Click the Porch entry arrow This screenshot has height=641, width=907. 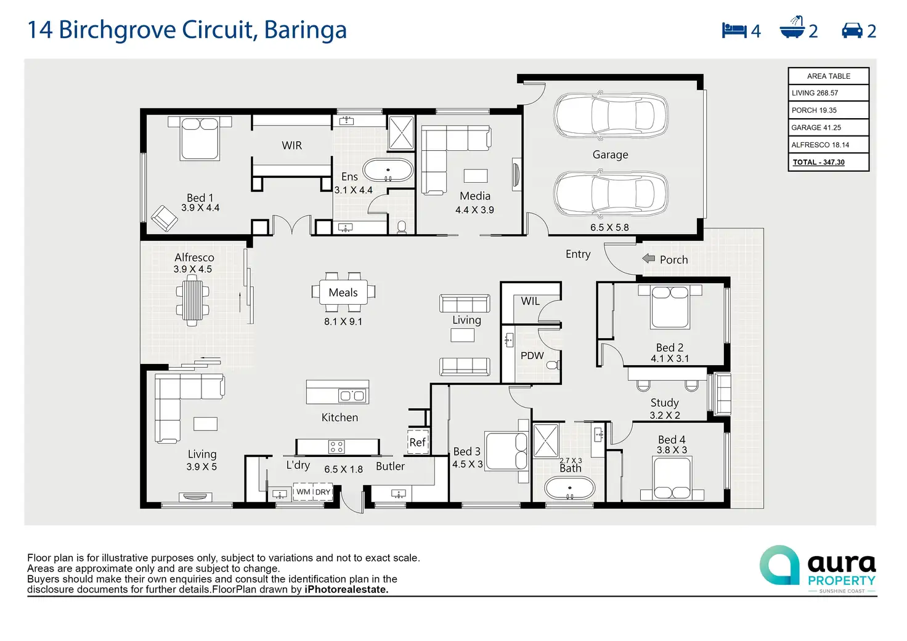pyautogui.click(x=649, y=258)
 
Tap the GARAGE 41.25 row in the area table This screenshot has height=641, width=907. pyautogui.click(x=828, y=127)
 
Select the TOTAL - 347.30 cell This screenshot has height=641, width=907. pyautogui.click(x=828, y=163)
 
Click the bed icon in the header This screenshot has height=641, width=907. pyautogui.click(x=734, y=30)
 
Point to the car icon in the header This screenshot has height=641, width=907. pyautogui.click(x=852, y=31)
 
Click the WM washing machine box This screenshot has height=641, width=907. pyautogui.click(x=303, y=491)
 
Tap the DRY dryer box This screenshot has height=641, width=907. pyautogui.click(x=323, y=491)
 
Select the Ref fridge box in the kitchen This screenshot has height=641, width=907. pyautogui.click(x=418, y=441)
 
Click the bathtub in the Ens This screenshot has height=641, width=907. pyautogui.click(x=388, y=170)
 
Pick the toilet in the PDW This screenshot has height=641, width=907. pyautogui.click(x=553, y=365)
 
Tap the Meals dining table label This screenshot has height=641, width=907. pyautogui.click(x=343, y=292)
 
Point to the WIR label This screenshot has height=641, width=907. pyautogui.click(x=291, y=145)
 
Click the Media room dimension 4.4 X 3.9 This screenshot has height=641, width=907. pyautogui.click(x=474, y=209)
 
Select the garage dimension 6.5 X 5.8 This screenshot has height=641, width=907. pyautogui.click(x=609, y=227)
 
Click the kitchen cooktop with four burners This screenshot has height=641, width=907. pyautogui.click(x=336, y=446)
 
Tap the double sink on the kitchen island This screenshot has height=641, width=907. pyautogui.click(x=352, y=395)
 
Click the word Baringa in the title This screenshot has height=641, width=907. pyautogui.click(x=306, y=30)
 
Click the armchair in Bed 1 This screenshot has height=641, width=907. pyautogui.click(x=164, y=218)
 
